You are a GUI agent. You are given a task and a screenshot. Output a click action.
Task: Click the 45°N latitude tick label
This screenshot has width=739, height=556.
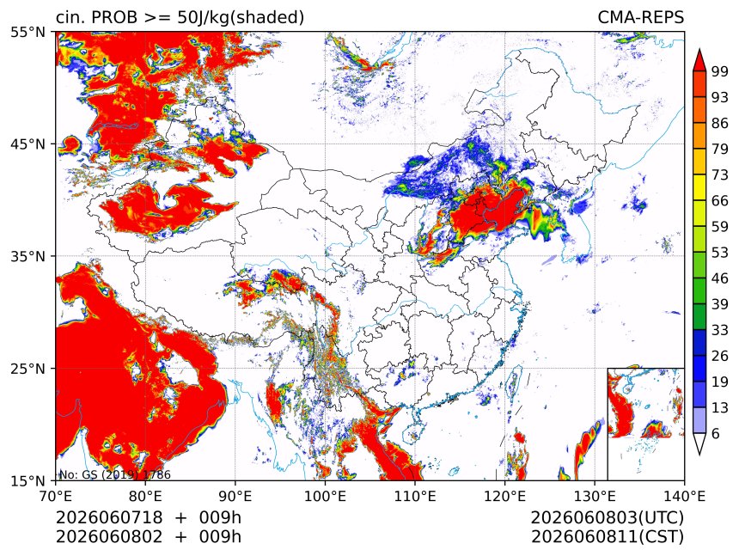click(x=27, y=144)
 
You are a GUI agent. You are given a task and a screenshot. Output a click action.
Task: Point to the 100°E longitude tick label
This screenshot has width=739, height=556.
click(x=325, y=496)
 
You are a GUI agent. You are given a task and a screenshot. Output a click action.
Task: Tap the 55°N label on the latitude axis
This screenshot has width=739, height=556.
click(x=27, y=32)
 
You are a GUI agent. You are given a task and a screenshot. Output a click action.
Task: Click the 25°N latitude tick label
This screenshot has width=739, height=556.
click(x=27, y=368)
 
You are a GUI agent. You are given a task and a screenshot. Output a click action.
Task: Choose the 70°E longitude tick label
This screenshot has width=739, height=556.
click(x=56, y=496)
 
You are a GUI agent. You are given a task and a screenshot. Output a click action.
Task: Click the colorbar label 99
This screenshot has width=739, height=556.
click(x=720, y=71)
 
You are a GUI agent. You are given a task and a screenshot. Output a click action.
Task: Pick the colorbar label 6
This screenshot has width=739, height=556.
click(x=716, y=433)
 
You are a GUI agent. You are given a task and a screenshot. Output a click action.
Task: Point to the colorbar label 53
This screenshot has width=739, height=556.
click(x=720, y=253)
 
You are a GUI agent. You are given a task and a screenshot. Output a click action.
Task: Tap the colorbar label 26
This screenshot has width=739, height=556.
click(x=720, y=357)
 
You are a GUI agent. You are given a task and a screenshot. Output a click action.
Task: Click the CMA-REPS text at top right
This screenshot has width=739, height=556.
click(x=640, y=17)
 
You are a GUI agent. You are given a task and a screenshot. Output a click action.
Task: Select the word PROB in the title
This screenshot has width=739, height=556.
click(x=114, y=17)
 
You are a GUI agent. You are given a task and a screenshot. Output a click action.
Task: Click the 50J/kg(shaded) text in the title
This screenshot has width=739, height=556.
click(x=241, y=18)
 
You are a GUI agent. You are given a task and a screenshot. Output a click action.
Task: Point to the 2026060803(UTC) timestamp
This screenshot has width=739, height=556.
click(x=607, y=517)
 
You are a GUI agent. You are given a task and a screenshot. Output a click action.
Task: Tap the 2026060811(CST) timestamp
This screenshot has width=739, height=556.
click(x=607, y=537)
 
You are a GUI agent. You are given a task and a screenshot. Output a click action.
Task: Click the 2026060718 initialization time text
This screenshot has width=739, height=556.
click(x=109, y=517)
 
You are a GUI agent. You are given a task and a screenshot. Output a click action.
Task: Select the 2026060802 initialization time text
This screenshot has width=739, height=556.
click(x=109, y=537)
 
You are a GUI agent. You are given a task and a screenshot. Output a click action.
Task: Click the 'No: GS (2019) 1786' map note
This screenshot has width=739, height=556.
click(x=114, y=474)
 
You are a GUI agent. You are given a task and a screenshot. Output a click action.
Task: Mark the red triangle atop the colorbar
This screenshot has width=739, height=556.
click(x=699, y=60)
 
